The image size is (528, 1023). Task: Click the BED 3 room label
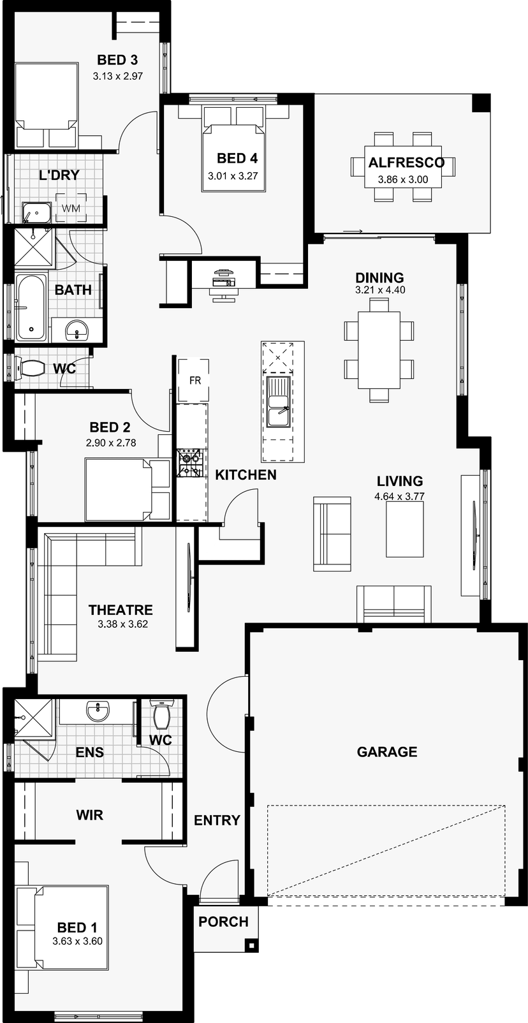(117, 60)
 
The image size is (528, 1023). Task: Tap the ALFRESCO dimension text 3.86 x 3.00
(403, 179)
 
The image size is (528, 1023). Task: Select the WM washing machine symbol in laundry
(71, 209)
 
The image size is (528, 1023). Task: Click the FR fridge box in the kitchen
(194, 380)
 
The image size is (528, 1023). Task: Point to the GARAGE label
(387, 752)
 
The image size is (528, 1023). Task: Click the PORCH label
(223, 922)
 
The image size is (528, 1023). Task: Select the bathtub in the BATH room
(31, 307)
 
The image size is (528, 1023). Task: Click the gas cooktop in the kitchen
(189, 463)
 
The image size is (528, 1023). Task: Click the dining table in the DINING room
(379, 350)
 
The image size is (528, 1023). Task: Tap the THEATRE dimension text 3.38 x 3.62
(123, 624)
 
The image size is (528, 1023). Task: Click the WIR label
(89, 815)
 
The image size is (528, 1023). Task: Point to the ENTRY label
(217, 820)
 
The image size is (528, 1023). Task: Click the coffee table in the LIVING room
(405, 529)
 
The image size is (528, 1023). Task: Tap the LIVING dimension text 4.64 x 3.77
(400, 496)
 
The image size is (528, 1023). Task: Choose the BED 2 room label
(110, 427)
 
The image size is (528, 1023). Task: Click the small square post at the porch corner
(251, 944)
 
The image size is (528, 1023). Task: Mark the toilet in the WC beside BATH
(30, 368)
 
